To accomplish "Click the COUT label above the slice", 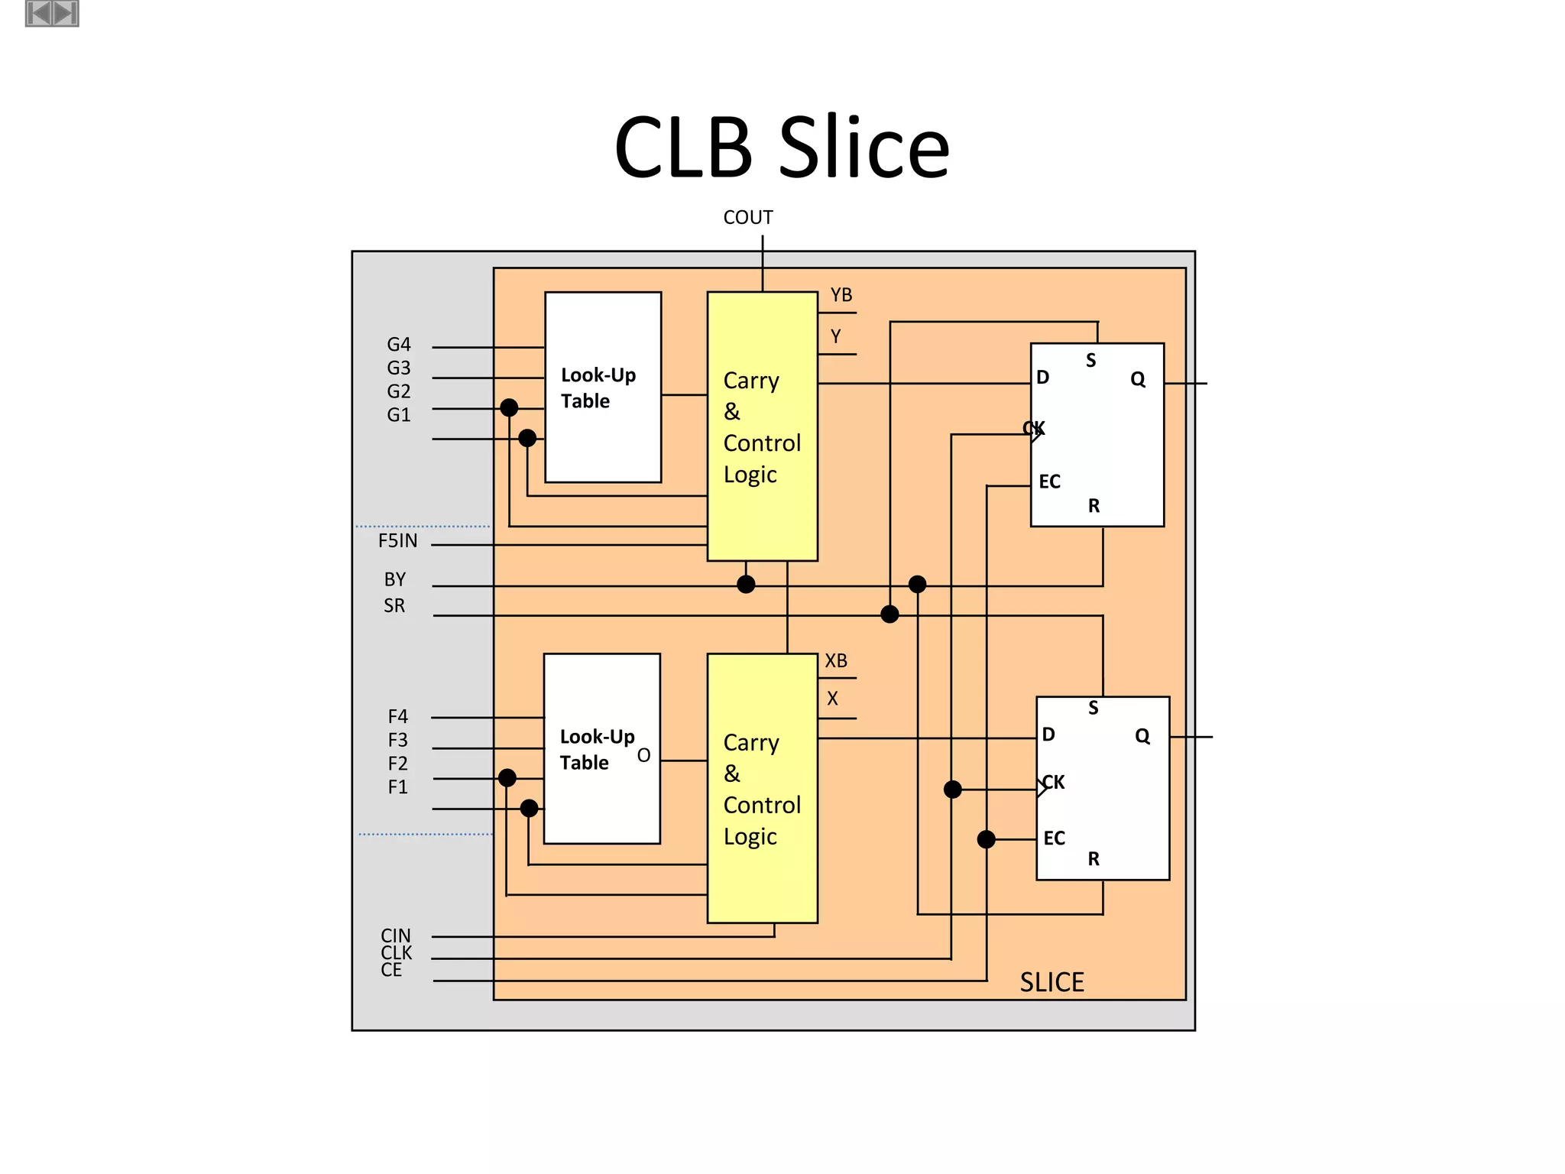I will (x=747, y=218).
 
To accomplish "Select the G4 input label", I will (x=398, y=345).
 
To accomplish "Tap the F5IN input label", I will (x=397, y=541).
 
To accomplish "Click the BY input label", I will (x=395, y=579).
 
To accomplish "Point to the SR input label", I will (x=394, y=605).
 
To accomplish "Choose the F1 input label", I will (x=397, y=787).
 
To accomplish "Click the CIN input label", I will (x=396, y=936).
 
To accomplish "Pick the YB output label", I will (x=841, y=295).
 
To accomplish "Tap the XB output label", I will (x=836, y=660).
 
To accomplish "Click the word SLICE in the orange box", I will (x=1051, y=982).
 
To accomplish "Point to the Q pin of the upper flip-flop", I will (x=1137, y=379).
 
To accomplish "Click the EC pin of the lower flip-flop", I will (x=1054, y=838).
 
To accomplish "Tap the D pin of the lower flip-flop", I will (x=1048, y=735).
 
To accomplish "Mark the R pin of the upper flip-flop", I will (x=1094, y=506).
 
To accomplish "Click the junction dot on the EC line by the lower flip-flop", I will (x=987, y=839).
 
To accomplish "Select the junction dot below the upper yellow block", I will (x=746, y=585).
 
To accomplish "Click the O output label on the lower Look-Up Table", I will (x=643, y=755).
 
